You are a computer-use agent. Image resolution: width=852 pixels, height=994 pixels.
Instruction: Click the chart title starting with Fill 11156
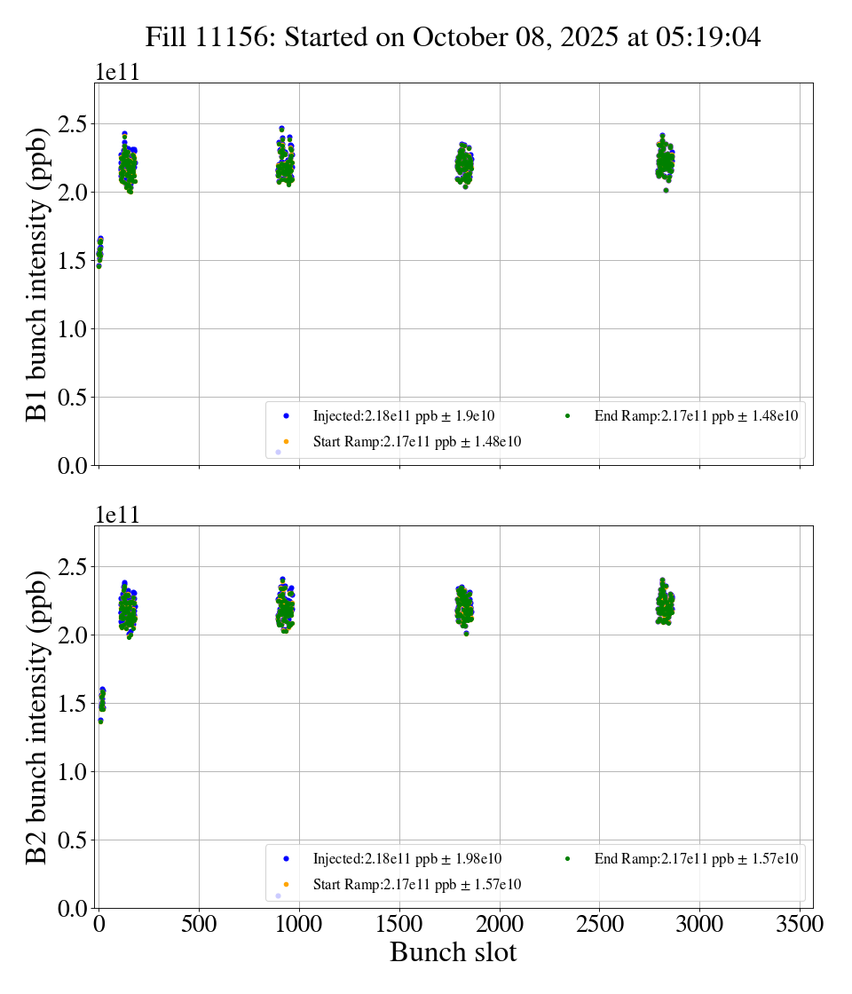tap(454, 36)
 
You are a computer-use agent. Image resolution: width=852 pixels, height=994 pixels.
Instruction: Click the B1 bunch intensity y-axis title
tap(36, 274)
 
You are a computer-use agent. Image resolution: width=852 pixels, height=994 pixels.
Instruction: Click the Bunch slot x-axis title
tap(454, 952)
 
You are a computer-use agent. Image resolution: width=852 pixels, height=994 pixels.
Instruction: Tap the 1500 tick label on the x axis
tap(399, 924)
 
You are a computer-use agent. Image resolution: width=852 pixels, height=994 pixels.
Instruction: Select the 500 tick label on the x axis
tap(199, 924)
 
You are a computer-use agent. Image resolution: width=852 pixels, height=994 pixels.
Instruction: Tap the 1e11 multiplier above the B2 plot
tap(118, 516)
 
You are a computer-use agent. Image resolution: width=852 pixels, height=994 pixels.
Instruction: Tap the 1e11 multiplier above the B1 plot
tap(118, 73)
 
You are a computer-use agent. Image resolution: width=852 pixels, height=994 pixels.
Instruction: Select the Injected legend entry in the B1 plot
tap(403, 415)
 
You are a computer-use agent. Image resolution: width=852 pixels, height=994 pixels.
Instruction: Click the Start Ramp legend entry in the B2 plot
tap(416, 885)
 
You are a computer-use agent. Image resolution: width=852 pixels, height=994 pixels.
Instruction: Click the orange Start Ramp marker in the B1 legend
tap(286, 442)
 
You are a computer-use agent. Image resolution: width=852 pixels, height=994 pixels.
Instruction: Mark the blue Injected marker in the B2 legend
tap(286, 858)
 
